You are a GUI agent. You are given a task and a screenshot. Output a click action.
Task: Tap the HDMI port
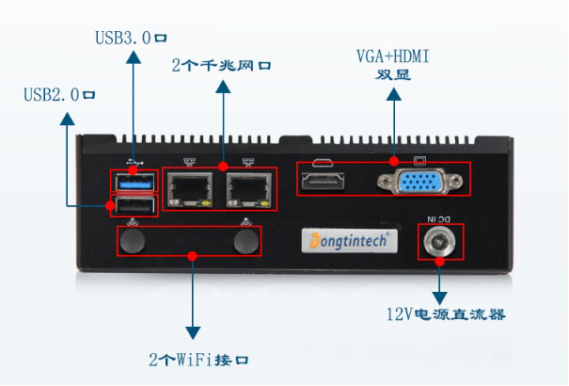point(324,179)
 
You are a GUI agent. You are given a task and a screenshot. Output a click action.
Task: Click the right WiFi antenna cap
point(246,243)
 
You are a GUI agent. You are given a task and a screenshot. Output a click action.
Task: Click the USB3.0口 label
point(131,40)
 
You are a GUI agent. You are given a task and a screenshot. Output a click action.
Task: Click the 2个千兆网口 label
point(222,66)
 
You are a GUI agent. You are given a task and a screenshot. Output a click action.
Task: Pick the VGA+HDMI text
point(392,57)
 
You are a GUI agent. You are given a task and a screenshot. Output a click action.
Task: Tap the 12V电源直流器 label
point(446,314)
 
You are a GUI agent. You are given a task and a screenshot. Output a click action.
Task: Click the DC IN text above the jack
point(438,219)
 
